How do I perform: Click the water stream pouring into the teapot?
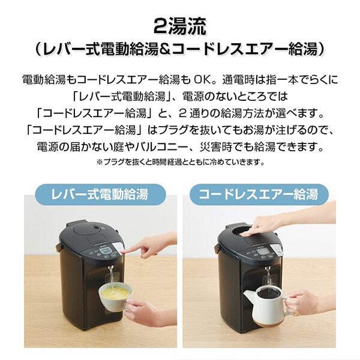(x=268, y=277)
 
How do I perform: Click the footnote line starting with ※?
(x=180, y=162)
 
